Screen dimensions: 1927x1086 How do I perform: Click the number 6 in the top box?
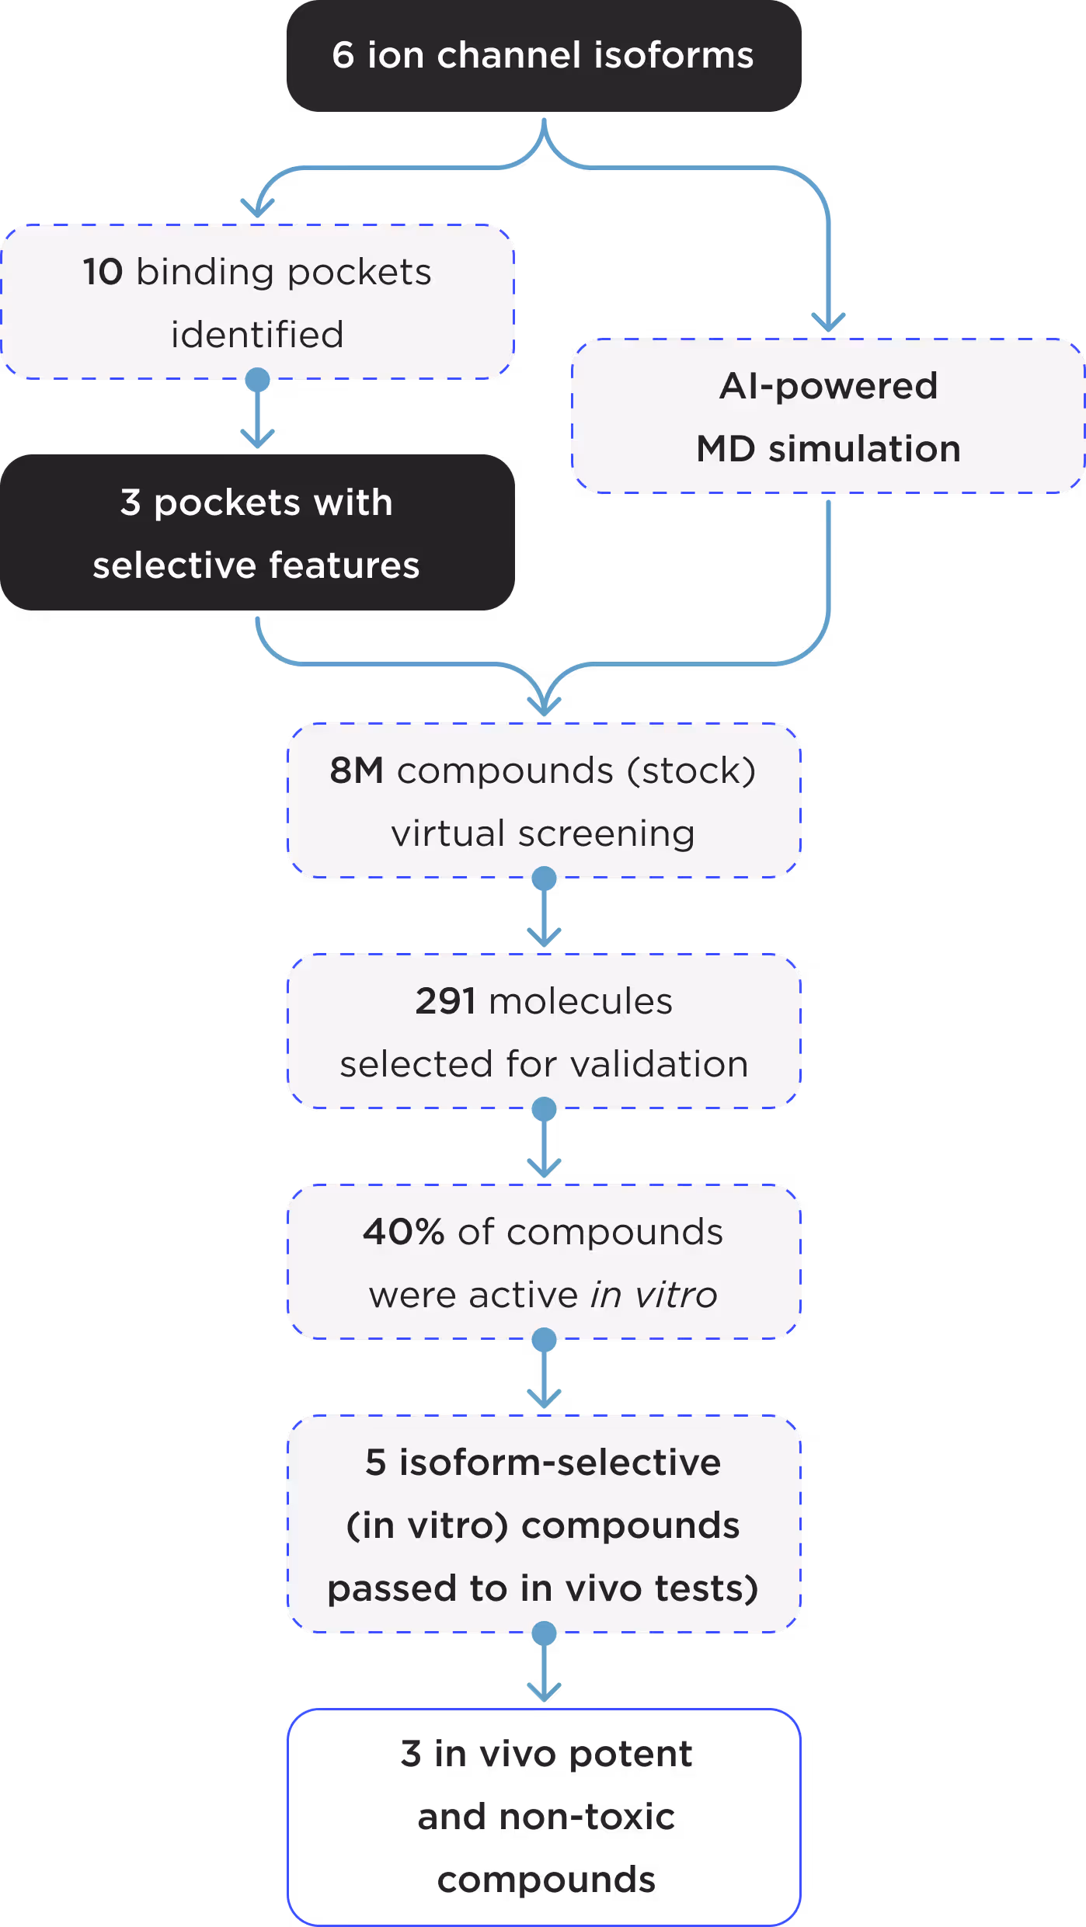click(x=343, y=56)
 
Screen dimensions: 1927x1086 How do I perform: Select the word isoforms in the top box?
click(x=674, y=56)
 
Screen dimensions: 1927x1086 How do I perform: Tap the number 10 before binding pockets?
click(x=103, y=273)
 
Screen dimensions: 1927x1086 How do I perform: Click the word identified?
click(x=257, y=335)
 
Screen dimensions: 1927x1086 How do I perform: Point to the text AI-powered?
click(x=828, y=386)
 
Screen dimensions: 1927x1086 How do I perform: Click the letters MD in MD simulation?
click(x=726, y=449)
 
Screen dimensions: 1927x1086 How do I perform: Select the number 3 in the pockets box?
click(x=131, y=503)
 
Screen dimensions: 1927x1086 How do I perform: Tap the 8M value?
click(x=357, y=770)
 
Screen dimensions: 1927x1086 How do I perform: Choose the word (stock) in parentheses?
click(x=691, y=770)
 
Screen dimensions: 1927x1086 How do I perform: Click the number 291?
click(x=445, y=1001)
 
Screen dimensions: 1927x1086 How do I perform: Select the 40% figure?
click(x=403, y=1232)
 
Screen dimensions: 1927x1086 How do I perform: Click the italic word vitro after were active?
click(x=676, y=1295)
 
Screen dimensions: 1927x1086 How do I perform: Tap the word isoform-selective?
click(x=559, y=1463)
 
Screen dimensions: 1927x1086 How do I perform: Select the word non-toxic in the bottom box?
click(x=587, y=1817)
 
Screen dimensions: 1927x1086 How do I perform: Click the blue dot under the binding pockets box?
click(x=257, y=380)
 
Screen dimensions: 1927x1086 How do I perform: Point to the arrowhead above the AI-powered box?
click(x=828, y=323)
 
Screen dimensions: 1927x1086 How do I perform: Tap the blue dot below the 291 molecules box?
click(x=544, y=1109)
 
